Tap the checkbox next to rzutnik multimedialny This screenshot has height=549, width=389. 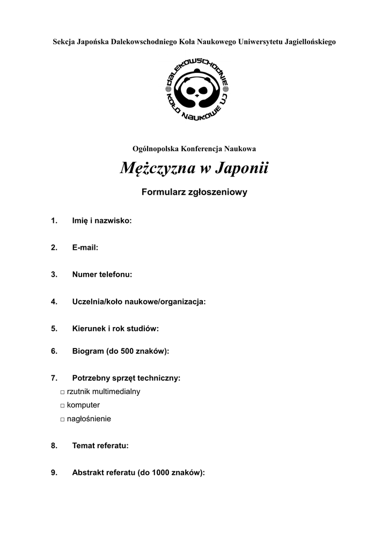coord(63,392)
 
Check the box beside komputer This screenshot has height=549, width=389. coord(63,406)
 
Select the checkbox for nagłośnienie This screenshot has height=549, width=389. coord(63,419)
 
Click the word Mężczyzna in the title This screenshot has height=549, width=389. coord(156,169)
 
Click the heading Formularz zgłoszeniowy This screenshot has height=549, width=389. coord(194,192)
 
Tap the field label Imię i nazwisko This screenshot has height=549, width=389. coord(102,220)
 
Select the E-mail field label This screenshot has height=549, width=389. coord(85,247)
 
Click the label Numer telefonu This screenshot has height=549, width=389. coord(102,274)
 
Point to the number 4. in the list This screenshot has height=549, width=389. coord(54,302)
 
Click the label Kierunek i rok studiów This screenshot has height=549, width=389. coord(115,329)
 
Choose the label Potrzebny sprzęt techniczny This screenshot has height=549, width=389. coord(126,378)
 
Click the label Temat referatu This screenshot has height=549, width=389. coord(100,445)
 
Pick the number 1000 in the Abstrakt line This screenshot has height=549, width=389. coord(162,472)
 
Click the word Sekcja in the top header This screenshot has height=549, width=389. coord(63,41)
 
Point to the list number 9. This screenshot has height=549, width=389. coord(54,472)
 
